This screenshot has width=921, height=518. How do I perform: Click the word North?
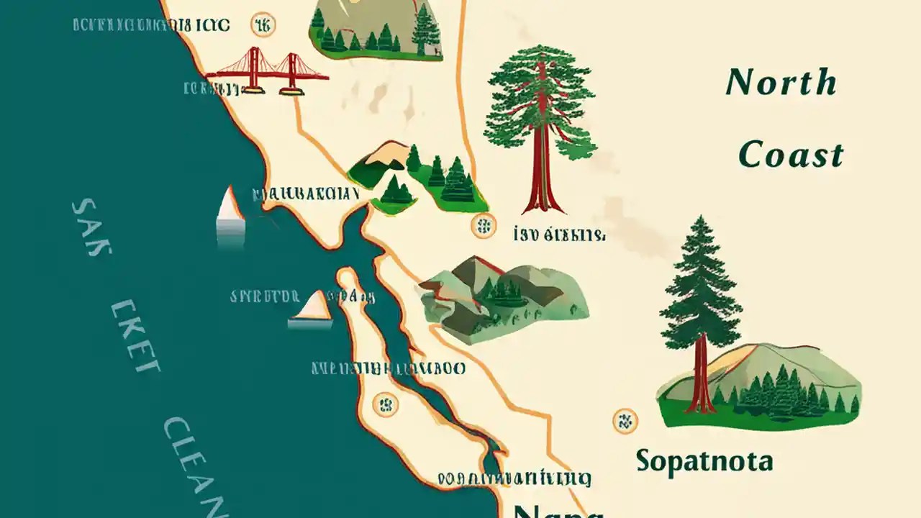[781, 83]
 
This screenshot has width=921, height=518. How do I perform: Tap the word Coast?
[791, 155]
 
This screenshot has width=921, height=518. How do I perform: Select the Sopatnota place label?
[704, 460]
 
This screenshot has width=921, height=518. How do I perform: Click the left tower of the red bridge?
[254, 70]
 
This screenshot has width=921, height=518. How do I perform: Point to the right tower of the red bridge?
[292, 71]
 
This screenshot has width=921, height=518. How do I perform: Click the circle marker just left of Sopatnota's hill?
[624, 420]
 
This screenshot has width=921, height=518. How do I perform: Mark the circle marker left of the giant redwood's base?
[483, 227]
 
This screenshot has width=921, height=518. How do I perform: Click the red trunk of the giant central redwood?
[540, 173]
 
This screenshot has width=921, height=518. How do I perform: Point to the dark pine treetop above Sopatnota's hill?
[700, 273]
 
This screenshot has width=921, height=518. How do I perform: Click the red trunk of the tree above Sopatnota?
[700, 374]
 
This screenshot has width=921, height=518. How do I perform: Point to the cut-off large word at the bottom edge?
[558, 509]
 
